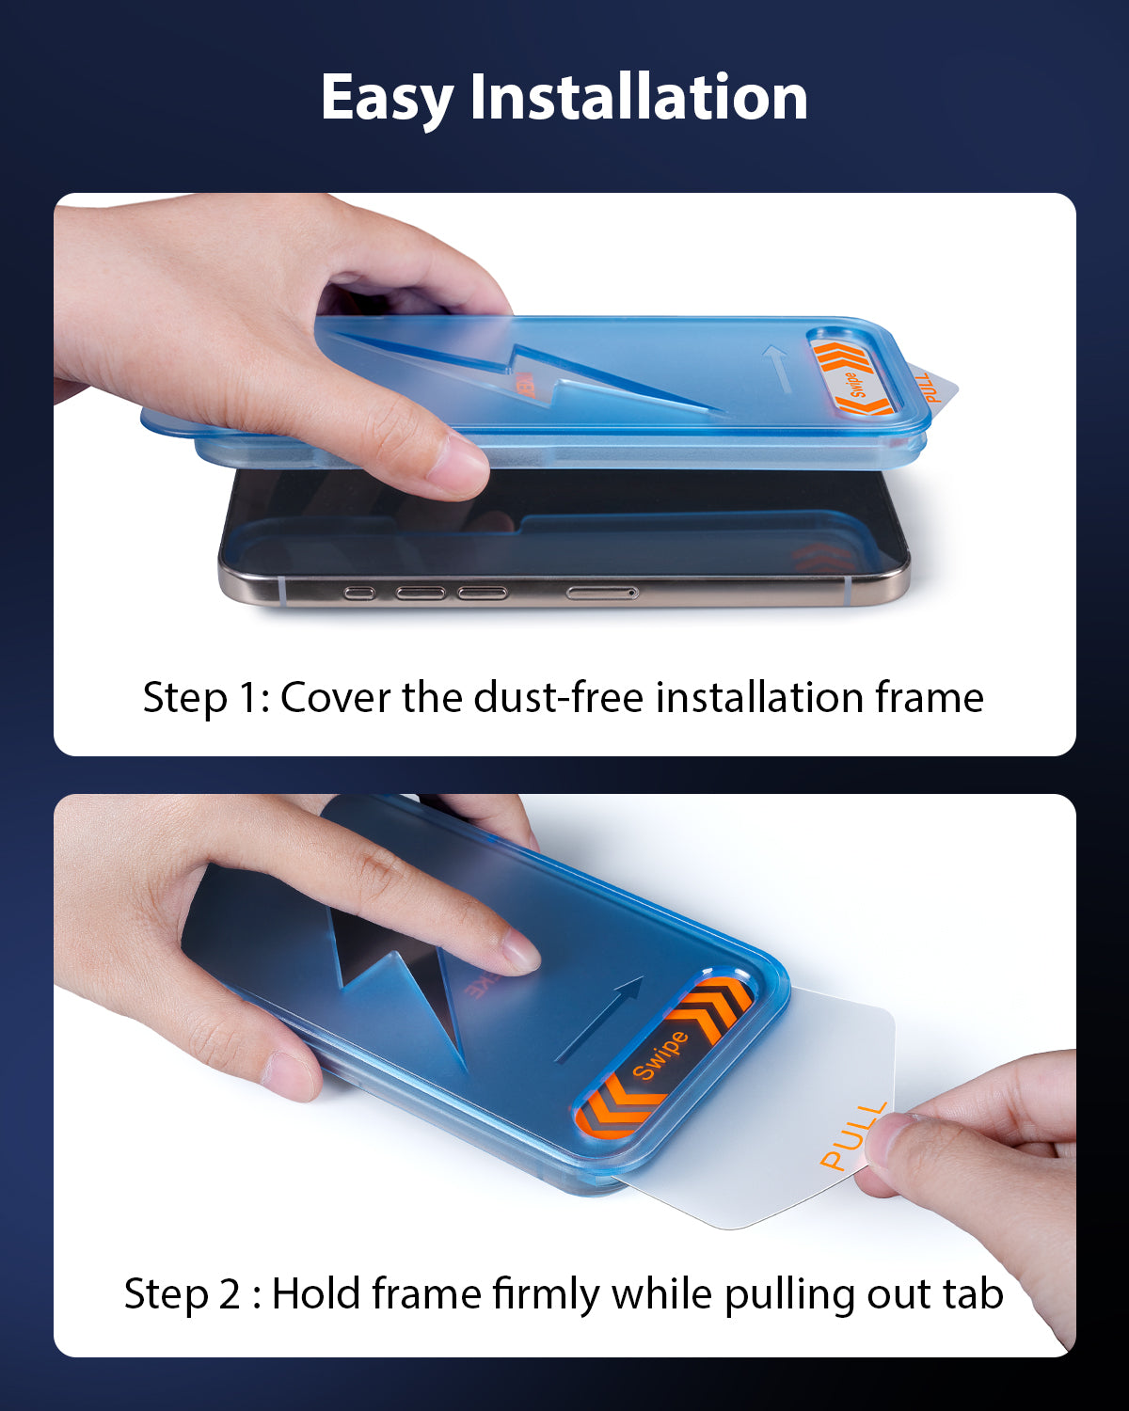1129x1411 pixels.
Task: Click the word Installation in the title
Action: click(639, 96)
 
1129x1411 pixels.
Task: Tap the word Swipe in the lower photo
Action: click(660, 1054)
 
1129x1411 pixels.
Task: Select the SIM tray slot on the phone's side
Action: click(602, 593)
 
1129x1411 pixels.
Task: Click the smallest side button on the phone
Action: click(359, 594)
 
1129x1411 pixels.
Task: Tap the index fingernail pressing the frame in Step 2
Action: click(521, 952)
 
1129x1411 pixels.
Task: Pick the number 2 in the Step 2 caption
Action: click(230, 1294)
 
